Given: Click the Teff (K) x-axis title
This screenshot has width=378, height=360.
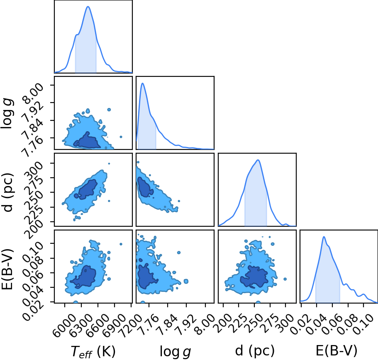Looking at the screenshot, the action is [93, 351].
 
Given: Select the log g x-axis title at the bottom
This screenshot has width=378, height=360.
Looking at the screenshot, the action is [175, 352].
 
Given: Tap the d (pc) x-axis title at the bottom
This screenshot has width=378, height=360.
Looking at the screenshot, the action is [255, 351].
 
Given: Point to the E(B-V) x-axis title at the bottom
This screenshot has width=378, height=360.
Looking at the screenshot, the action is [337, 351].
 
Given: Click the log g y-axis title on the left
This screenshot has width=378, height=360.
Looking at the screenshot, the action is [7, 113].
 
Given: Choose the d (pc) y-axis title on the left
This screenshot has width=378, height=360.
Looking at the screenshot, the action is [8, 192].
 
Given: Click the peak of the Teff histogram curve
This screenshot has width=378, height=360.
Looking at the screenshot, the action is [88, 7].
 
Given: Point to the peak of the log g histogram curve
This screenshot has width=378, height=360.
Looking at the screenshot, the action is [142, 83].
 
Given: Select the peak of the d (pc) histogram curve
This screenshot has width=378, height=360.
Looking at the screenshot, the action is [258, 160].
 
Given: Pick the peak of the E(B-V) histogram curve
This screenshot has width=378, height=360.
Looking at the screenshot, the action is [324, 237].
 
